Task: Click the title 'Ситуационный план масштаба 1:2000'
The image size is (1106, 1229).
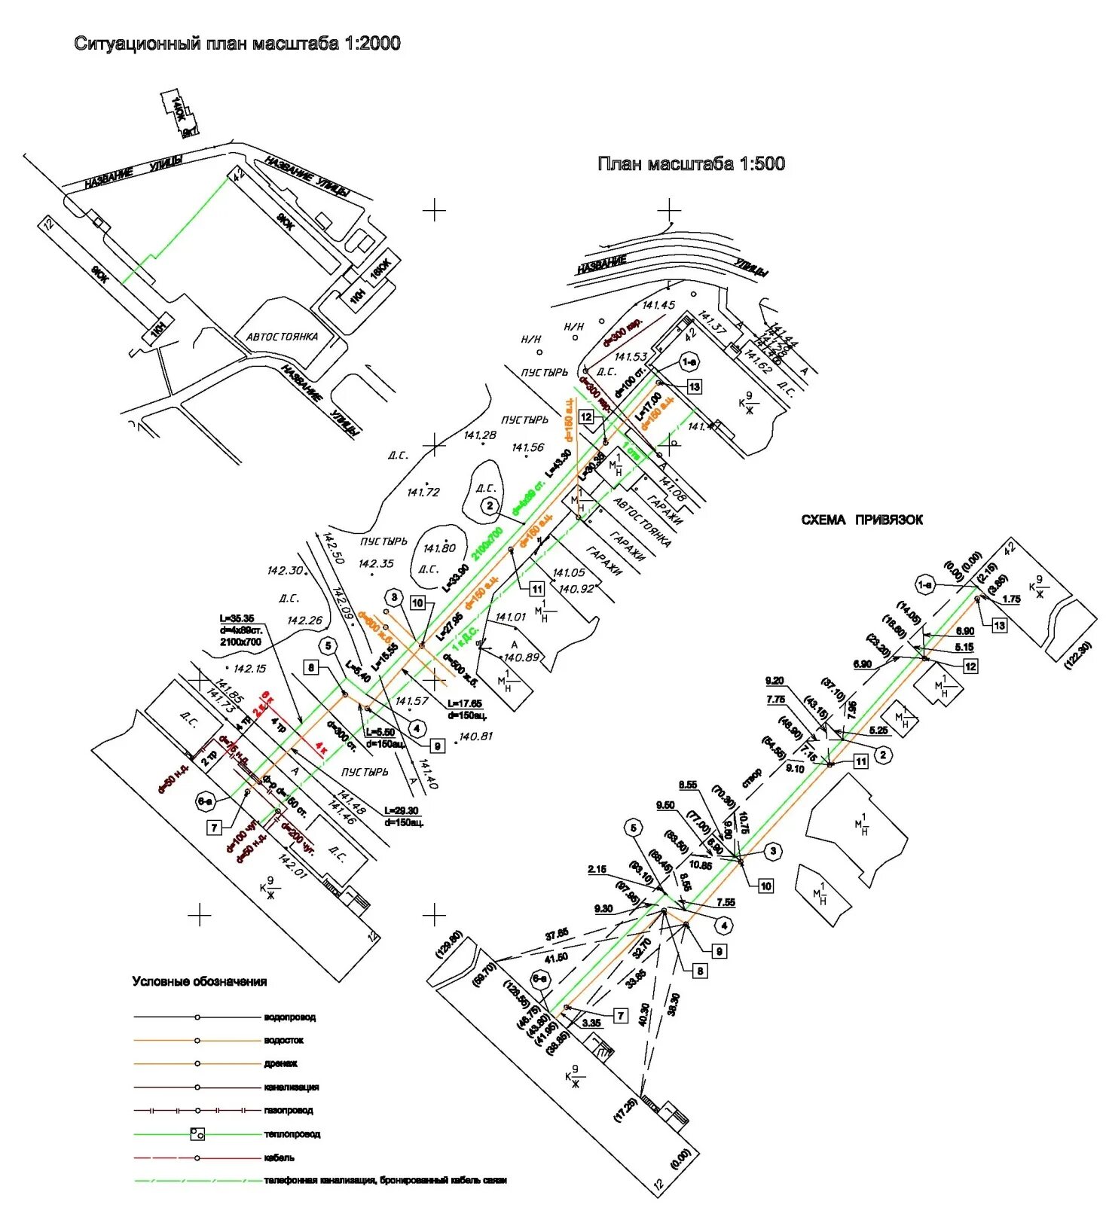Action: (x=237, y=43)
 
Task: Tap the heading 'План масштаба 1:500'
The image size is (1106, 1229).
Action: (x=690, y=163)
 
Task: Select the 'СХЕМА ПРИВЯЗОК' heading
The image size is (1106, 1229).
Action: (x=861, y=520)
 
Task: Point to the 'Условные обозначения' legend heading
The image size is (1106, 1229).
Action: (x=199, y=981)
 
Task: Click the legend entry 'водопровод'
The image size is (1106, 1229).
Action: (x=289, y=1017)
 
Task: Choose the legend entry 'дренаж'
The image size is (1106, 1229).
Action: (x=280, y=1064)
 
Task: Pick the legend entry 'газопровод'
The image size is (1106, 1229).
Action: (x=288, y=1110)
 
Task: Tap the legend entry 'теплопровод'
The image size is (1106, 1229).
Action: (x=292, y=1134)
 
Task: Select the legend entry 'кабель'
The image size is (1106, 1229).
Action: (x=279, y=1157)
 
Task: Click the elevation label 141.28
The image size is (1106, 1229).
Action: (x=480, y=435)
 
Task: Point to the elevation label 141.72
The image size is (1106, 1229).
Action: (x=423, y=492)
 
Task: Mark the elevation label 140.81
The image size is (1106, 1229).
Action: (x=475, y=736)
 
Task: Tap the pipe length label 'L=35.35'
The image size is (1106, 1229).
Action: (x=237, y=618)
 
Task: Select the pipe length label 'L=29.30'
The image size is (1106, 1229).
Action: (x=401, y=810)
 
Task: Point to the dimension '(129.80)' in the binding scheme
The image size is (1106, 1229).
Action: (x=448, y=944)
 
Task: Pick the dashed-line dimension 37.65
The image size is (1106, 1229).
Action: (x=557, y=934)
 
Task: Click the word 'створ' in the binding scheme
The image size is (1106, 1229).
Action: (x=751, y=777)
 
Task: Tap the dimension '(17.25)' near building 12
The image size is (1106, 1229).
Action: (x=625, y=1111)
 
